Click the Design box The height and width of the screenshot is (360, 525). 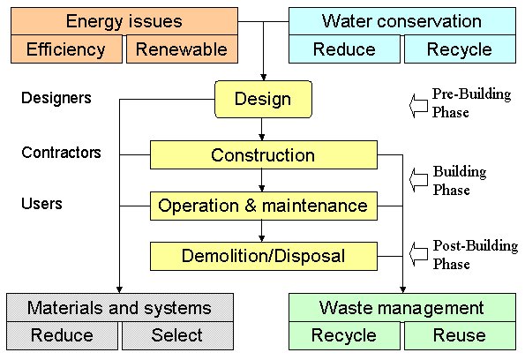[263, 99]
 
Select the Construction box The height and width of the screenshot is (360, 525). [264, 154]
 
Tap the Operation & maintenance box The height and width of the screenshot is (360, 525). [264, 206]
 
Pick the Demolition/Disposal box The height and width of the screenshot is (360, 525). [264, 256]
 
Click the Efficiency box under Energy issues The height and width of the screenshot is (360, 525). [66, 49]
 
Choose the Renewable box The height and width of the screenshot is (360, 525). [182, 49]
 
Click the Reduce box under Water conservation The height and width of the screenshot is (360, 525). [344, 49]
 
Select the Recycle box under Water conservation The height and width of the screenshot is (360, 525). [460, 49]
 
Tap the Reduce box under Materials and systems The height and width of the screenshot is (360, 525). [63, 335]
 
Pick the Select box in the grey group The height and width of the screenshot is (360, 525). [177, 335]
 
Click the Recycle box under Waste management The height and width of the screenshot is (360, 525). [344, 335]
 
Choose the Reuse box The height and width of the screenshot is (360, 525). [460, 335]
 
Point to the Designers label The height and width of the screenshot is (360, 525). [56, 98]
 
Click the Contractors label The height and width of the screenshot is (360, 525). [61, 153]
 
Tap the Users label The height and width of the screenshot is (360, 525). [41, 204]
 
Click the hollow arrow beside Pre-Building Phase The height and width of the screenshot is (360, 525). [418, 106]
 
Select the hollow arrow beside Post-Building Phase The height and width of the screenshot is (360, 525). [418, 254]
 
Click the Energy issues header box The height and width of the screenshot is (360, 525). [124, 21]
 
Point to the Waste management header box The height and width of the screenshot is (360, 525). [402, 307]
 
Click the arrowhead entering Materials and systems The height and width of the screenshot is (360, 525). [119, 289]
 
